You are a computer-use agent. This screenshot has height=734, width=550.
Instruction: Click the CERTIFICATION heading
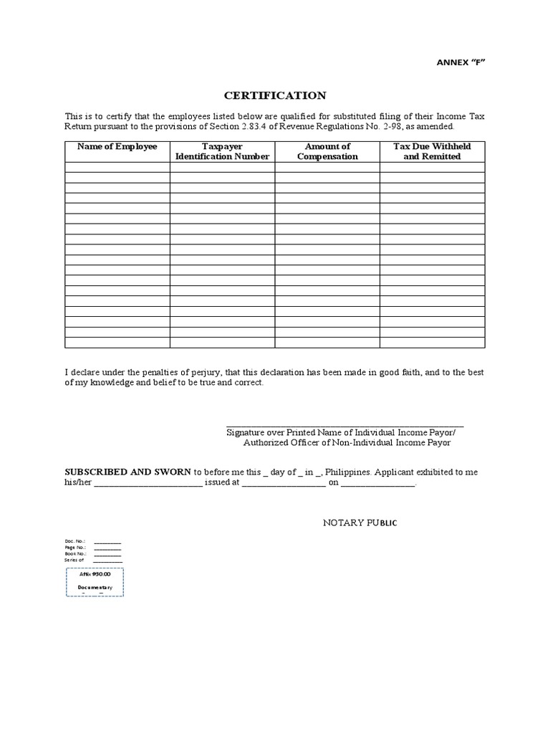click(276, 95)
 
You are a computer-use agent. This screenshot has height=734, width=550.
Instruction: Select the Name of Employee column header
click(117, 146)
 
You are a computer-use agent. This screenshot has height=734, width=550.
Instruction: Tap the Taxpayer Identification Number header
click(223, 151)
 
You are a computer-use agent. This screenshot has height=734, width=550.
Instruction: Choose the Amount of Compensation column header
click(327, 151)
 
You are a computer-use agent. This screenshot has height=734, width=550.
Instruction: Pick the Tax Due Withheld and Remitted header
click(432, 151)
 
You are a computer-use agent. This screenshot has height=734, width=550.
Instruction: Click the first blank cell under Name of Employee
click(117, 167)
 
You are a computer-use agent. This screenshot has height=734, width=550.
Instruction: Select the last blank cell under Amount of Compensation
click(327, 343)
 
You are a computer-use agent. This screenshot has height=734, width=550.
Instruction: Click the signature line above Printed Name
click(344, 426)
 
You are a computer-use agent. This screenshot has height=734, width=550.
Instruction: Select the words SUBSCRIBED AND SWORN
click(128, 472)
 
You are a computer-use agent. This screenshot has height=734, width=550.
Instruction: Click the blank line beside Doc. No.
click(107, 541)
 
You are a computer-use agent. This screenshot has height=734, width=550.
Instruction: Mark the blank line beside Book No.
click(107, 553)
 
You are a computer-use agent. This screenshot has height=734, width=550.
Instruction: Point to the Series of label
click(74, 560)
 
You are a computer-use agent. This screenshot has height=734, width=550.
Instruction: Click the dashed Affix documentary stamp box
click(95, 581)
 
